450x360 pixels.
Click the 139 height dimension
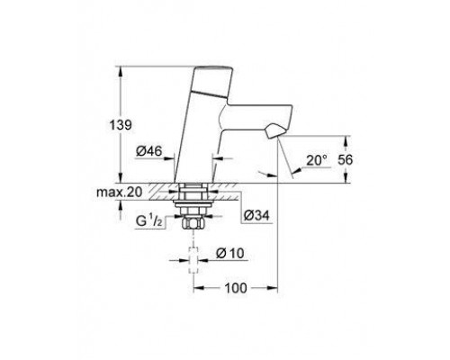(x=121, y=125)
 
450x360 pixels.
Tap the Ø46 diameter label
(x=148, y=151)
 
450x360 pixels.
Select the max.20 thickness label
(x=119, y=192)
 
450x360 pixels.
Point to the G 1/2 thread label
(x=149, y=221)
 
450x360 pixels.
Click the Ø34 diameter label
(x=256, y=215)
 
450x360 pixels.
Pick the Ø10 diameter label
(x=230, y=254)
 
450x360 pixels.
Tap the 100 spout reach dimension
(x=236, y=288)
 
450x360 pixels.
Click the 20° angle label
(x=317, y=160)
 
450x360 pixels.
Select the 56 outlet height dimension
(x=346, y=160)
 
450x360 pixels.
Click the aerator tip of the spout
(x=274, y=131)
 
